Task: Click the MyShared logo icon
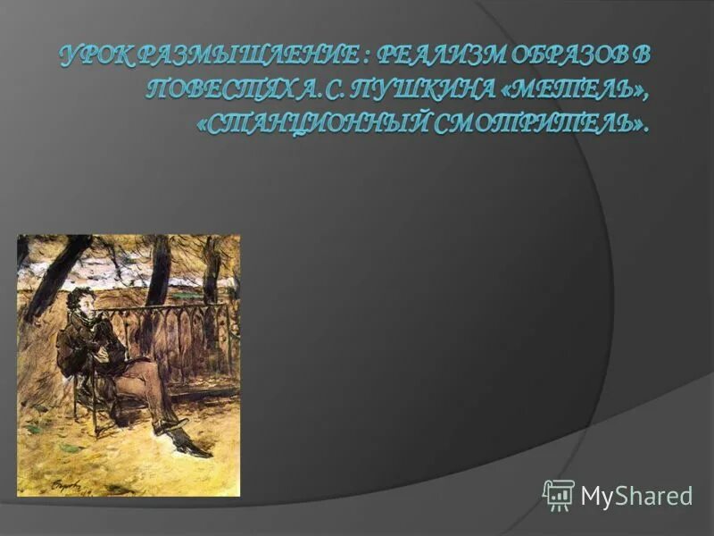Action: pos(558,494)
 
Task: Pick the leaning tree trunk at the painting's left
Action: pos(57,277)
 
